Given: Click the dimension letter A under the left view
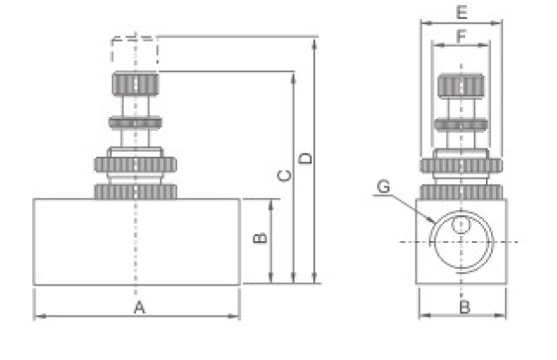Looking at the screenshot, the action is pos(140,307).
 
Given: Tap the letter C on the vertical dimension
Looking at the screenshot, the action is pos(285,175).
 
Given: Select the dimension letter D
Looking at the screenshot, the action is pos(305,159).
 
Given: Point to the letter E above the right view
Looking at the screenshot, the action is pos(462,12).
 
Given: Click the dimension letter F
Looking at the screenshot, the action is pos(461,36).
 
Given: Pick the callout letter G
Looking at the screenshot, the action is pos(383,187).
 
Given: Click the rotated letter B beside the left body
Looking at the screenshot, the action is pos(260,238).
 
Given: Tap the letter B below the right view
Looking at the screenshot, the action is pos(465,307).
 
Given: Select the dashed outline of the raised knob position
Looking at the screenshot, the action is pos(134,49).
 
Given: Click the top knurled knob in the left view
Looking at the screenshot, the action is pos(135,84).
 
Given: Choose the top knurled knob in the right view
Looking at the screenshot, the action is pos(461,86).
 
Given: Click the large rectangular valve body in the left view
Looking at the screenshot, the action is pos(137,242).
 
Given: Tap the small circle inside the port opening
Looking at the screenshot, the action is pos(461,225).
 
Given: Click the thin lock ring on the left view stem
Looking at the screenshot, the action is pos(135,123).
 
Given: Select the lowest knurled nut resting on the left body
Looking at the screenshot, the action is pos(135,192).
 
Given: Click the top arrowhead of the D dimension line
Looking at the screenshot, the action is pos(314,43).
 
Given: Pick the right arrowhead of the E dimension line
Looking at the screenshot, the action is pos(496,23).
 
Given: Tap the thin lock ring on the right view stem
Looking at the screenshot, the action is pos(461,125).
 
